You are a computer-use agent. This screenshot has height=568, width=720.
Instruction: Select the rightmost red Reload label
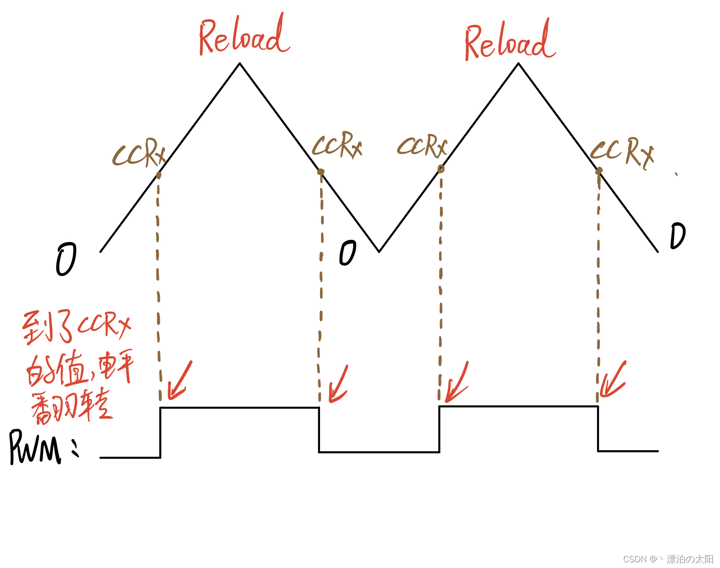tap(510, 42)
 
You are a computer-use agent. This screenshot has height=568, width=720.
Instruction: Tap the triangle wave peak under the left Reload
tap(240, 63)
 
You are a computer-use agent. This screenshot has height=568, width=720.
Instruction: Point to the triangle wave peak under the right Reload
tap(519, 63)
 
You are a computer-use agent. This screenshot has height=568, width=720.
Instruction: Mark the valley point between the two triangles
tap(379, 251)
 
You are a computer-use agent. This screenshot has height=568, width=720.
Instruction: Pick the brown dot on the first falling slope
tap(321, 172)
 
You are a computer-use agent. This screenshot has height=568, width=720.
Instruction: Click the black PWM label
tap(36, 447)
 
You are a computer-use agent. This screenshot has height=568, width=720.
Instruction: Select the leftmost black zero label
tap(66, 259)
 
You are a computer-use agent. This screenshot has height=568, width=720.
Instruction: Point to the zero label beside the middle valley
tap(347, 253)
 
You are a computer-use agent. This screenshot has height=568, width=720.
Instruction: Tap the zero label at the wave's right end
tap(677, 236)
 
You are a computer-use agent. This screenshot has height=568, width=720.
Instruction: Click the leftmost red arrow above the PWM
tap(179, 381)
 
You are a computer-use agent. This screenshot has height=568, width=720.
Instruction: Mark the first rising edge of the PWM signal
tap(161, 432)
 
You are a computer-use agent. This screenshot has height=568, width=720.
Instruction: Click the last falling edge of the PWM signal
tap(598, 428)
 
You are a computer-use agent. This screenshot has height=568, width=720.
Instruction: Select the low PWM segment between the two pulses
tap(379, 452)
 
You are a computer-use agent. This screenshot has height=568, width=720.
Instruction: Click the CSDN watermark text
tap(668, 559)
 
